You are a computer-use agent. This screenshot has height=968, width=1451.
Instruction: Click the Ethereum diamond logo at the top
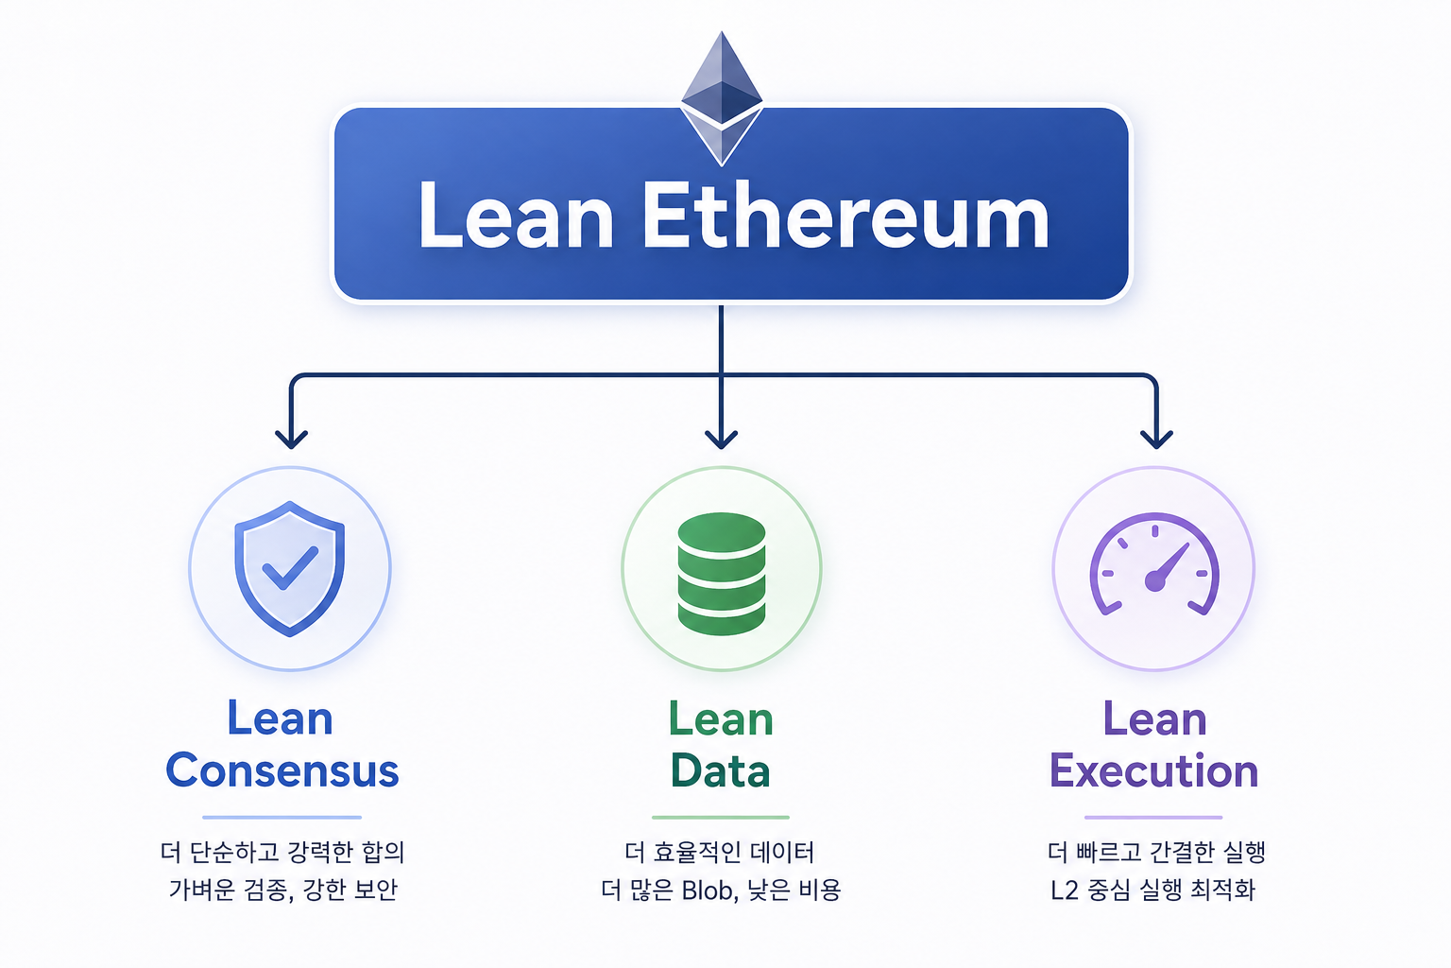722,98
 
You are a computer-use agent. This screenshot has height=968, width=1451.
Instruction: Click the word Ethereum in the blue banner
845,216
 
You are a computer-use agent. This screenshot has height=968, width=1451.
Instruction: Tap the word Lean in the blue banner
517,216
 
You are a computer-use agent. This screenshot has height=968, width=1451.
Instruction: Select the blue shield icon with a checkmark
290,569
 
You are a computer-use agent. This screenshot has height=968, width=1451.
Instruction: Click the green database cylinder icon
722,574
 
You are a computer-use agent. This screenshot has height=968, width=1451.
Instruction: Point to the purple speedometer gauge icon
1155,564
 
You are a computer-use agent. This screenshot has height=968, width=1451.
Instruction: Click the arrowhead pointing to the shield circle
292,439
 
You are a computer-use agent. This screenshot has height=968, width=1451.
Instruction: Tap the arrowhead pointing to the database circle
721,439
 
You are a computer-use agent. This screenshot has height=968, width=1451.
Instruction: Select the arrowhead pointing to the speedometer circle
1156,439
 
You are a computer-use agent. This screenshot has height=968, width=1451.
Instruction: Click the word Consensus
282,770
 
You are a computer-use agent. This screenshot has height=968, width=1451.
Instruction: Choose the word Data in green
721,770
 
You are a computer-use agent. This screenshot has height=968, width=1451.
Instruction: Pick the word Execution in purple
1153,770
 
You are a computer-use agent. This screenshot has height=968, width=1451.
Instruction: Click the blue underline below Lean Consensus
282,818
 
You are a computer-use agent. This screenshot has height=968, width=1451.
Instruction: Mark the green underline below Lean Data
721,818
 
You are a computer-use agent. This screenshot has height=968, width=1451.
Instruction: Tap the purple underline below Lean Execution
1153,818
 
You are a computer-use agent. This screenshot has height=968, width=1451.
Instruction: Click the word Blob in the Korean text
708,890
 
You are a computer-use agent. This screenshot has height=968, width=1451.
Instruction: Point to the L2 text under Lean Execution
1065,890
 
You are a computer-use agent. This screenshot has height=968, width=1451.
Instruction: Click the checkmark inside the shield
290,568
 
